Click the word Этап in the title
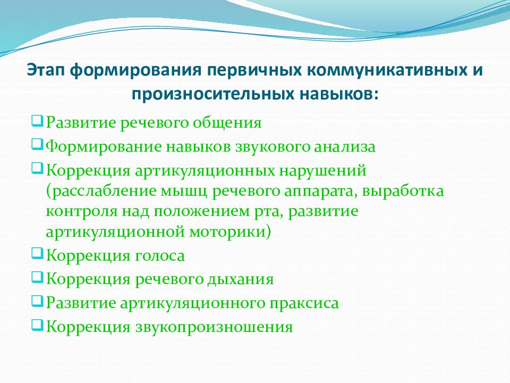coord(46,71)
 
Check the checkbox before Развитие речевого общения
coord(37,121)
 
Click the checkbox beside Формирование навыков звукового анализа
coord(37,145)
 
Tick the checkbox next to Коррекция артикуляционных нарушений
coord(37,169)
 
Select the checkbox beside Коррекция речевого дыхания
coord(37,278)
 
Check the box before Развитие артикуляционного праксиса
coord(37,301)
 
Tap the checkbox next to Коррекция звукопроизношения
coord(37,325)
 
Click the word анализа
coord(345,147)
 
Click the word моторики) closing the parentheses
coord(230,232)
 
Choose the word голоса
coord(160,256)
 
